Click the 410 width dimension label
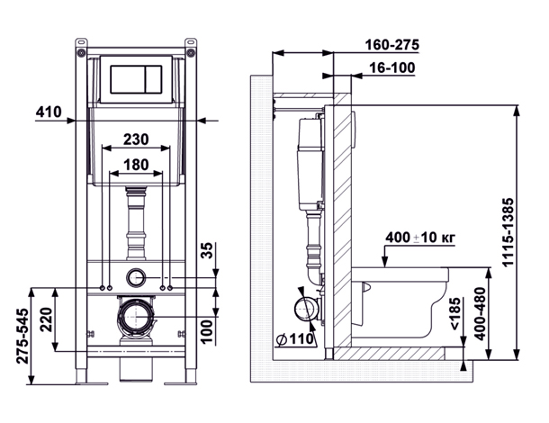(x=49, y=112)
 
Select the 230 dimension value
(x=136, y=139)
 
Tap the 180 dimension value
(x=136, y=165)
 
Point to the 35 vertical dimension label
(x=208, y=250)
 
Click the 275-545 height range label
(x=23, y=336)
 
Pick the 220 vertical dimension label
(x=46, y=319)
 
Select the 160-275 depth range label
(x=391, y=45)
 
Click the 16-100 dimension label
(x=392, y=67)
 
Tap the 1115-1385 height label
(x=508, y=232)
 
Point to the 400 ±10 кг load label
(x=420, y=238)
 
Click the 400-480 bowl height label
(x=480, y=313)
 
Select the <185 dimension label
(x=454, y=313)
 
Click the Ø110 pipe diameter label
(x=295, y=339)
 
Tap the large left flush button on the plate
(x=128, y=79)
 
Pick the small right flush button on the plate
(x=153, y=79)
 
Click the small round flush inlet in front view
(x=135, y=278)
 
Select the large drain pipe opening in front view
(x=135, y=317)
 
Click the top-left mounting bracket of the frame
(x=81, y=48)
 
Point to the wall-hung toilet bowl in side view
(x=400, y=302)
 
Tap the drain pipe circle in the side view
(x=306, y=310)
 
